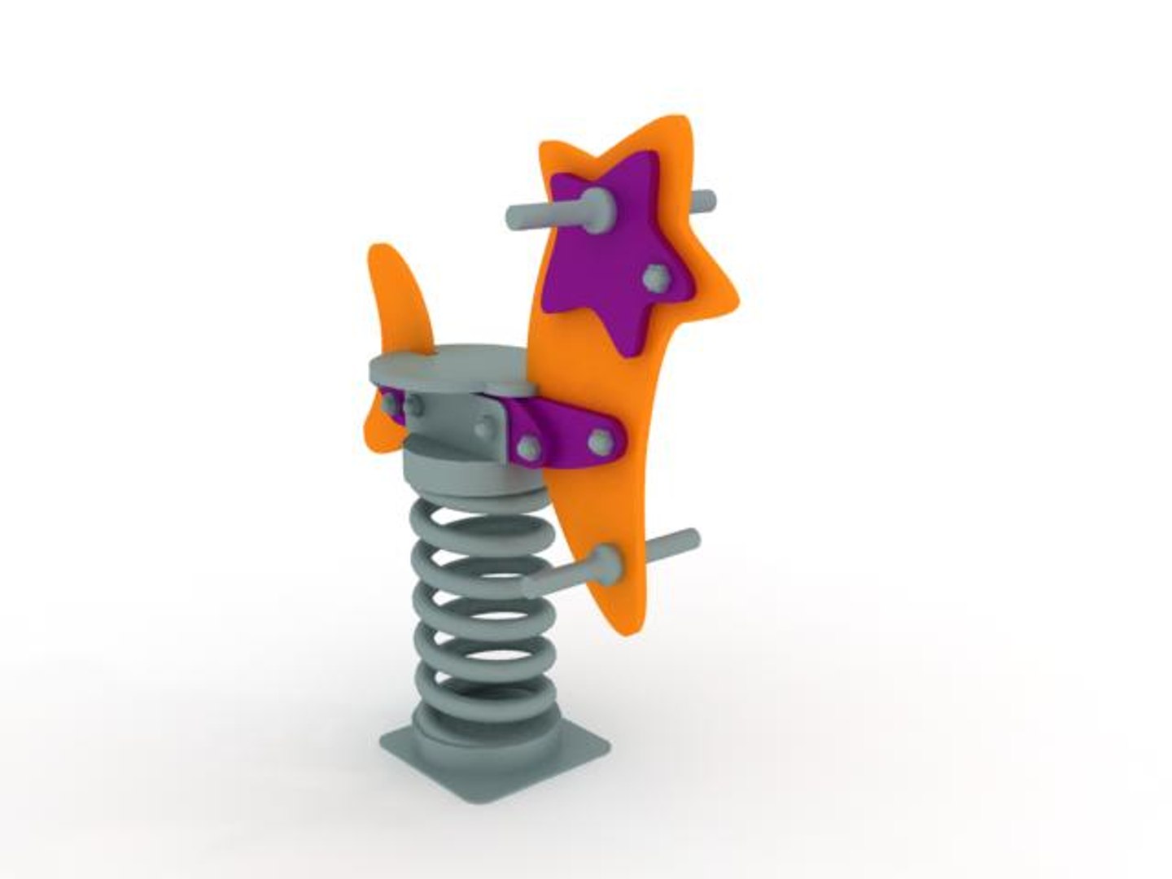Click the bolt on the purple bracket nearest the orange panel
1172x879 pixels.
[x=600, y=439]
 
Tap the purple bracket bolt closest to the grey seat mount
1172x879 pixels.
[x=528, y=447]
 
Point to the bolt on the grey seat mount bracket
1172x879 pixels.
[x=484, y=430]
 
